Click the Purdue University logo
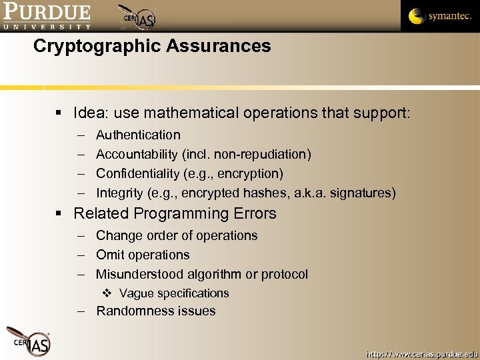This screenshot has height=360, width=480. coord(47,16)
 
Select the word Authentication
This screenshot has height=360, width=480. coord(138,135)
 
